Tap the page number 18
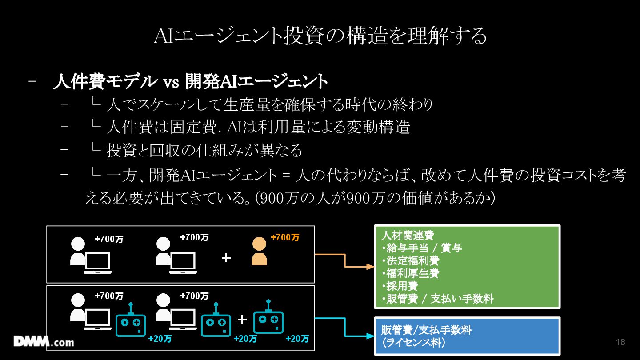point(620,342)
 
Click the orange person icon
point(259,252)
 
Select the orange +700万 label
point(285,237)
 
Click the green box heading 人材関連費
point(408,236)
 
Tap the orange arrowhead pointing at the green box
point(370,267)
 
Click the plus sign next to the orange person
point(226,258)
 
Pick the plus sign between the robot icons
point(242,320)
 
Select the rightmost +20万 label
point(297,339)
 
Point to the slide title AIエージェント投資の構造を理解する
point(320,36)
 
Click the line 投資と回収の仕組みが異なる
point(204,150)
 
